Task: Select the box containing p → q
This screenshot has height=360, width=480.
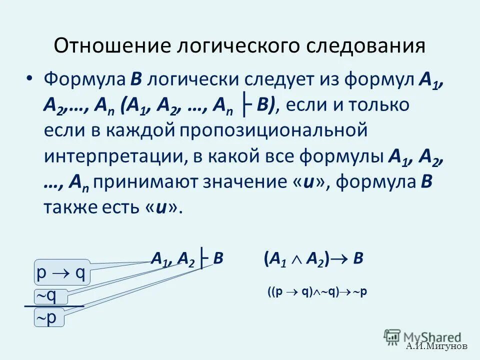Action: click(x=62, y=273)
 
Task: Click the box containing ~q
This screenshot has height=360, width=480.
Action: click(x=48, y=296)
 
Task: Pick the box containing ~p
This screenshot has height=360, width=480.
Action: click(x=48, y=318)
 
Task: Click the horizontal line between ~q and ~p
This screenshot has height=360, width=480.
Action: click(x=54, y=306)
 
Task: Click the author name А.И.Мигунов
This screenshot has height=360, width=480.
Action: click(x=436, y=346)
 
